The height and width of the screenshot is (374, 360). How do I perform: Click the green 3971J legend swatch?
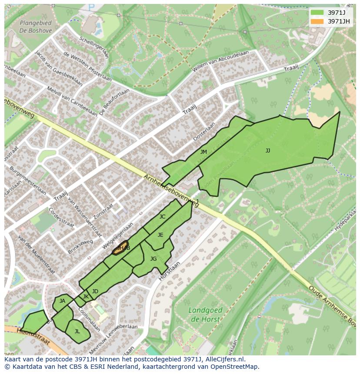[317, 13]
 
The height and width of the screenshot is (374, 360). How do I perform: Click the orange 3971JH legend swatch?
[317, 21]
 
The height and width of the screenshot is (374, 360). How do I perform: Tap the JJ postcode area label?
[268, 151]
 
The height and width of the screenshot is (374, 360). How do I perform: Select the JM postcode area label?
[203, 152]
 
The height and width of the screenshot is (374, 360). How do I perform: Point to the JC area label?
[162, 217]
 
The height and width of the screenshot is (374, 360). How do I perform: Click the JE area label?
[160, 235]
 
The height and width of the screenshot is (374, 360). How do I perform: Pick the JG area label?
[153, 259]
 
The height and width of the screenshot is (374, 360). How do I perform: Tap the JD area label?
[95, 291]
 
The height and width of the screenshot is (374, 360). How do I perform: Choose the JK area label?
[86, 297]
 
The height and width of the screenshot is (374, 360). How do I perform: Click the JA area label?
[62, 301]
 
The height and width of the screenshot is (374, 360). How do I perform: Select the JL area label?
[77, 331]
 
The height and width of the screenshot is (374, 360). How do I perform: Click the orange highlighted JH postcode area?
[120, 248]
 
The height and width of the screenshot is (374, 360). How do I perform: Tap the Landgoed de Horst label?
[206, 314]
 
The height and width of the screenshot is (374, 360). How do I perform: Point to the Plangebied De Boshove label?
[36, 27]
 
